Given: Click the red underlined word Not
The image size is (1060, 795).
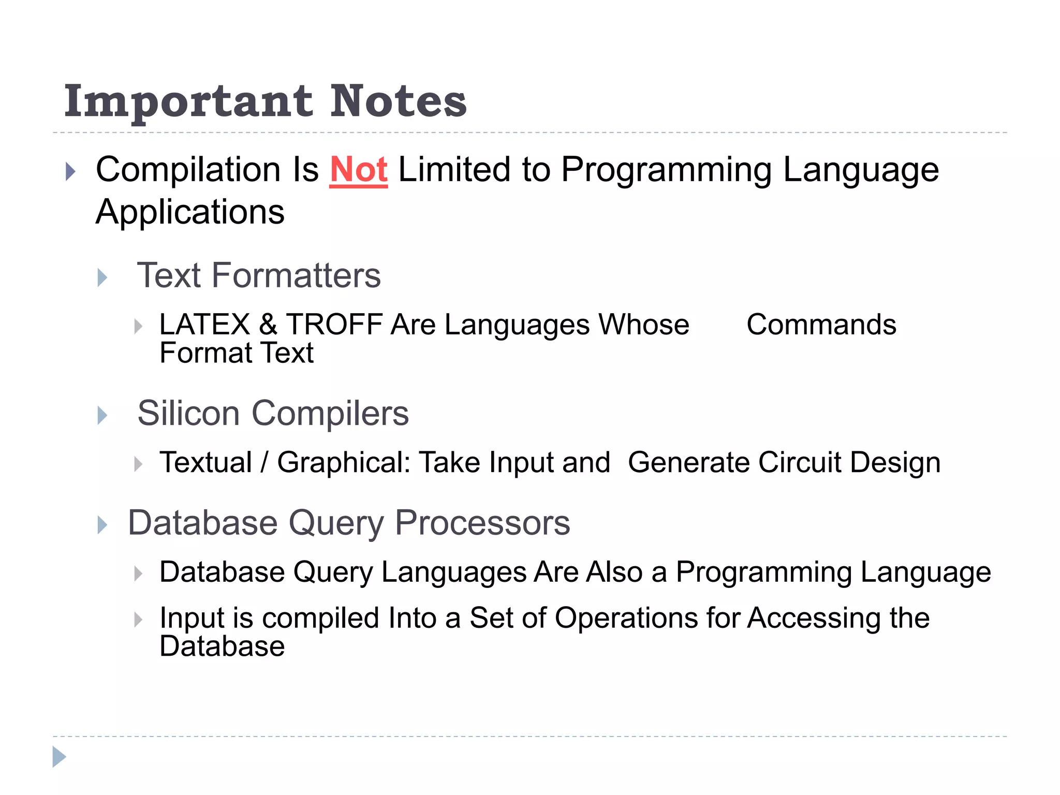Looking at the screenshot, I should [x=358, y=170].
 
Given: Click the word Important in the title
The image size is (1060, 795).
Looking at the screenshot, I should [x=188, y=101].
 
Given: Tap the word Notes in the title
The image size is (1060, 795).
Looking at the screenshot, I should [x=398, y=101].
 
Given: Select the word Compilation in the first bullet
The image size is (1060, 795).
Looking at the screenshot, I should [x=188, y=170].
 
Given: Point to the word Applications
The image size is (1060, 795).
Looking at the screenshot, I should [x=190, y=212].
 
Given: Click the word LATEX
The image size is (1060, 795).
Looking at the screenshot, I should [x=205, y=325].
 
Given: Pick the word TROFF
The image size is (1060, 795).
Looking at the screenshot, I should [x=334, y=325].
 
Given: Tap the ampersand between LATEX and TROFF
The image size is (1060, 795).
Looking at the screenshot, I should [x=268, y=325].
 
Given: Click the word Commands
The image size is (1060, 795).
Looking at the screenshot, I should [x=821, y=325].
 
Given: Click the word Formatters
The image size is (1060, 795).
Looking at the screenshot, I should [x=296, y=275].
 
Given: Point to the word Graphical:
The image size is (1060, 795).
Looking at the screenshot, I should [x=343, y=462].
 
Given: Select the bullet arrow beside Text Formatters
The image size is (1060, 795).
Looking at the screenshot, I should [x=102, y=278].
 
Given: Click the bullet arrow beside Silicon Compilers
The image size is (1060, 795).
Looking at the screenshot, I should [x=102, y=416].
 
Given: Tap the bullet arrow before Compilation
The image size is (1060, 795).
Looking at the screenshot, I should [x=71, y=171].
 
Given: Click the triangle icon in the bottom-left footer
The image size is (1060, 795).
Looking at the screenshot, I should [x=59, y=757].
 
